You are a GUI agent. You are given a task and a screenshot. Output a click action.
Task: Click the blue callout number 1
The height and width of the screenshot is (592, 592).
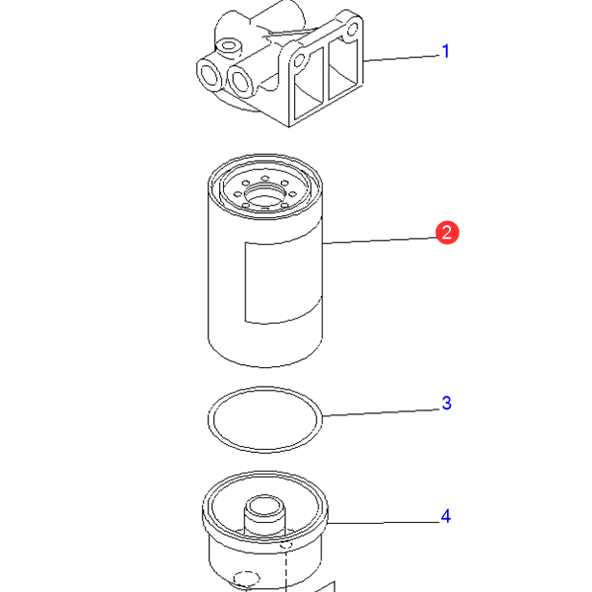[x=446, y=51]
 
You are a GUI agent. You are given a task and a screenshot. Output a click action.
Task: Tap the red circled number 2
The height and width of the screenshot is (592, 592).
[x=447, y=233]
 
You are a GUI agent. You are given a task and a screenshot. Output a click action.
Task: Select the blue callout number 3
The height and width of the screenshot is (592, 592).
[x=446, y=403]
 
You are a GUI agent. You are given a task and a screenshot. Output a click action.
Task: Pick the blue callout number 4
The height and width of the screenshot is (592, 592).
[x=446, y=516]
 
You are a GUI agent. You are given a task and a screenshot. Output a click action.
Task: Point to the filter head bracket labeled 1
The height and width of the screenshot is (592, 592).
[x=279, y=64]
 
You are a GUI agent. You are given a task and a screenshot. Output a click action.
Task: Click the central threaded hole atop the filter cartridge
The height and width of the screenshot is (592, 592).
[x=265, y=193]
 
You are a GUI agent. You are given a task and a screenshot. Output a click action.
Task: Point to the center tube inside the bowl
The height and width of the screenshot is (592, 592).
[x=265, y=514]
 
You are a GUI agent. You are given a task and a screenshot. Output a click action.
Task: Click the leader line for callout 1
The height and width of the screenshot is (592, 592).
[x=402, y=58]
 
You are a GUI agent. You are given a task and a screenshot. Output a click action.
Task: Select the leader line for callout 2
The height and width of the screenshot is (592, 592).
[x=380, y=241]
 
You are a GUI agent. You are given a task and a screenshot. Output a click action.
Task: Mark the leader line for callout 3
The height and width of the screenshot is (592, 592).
[x=382, y=412]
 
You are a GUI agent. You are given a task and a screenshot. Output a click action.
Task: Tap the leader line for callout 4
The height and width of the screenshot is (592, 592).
[x=384, y=523]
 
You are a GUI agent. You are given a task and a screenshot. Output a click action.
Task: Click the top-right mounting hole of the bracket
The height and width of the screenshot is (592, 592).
[x=352, y=29]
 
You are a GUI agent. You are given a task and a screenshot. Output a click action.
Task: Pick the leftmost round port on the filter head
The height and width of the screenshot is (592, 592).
[x=209, y=74]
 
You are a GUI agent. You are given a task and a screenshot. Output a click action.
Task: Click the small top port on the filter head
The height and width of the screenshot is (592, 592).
[x=228, y=46]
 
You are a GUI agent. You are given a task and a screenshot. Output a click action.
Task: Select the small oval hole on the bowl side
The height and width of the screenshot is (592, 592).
[x=247, y=578]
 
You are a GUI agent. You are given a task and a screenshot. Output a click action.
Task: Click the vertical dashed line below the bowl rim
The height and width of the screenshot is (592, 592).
[x=286, y=566]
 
